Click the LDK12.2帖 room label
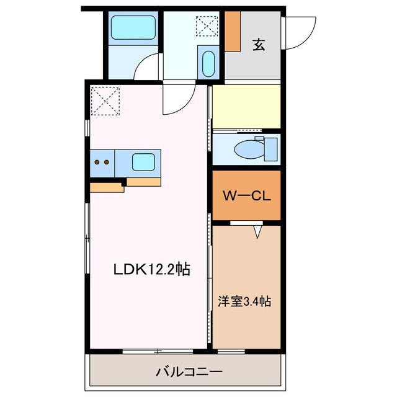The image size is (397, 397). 151,269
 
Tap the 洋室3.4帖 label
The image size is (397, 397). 244,301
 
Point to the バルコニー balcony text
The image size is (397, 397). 189,372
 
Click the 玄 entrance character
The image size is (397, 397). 259,45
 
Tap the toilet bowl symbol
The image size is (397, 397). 248,149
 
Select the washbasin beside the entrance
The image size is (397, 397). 208,63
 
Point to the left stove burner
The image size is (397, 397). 97,163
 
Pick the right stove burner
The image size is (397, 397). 107,163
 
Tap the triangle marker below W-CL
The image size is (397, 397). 258,232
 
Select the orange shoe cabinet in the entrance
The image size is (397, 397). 233,31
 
